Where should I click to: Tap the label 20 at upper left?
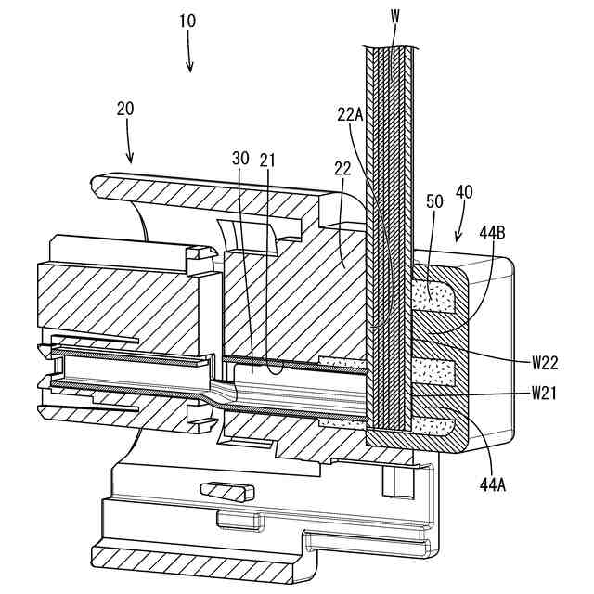pyautogui.click(x=125, y=108)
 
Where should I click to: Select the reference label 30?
pyautogui.click(x=240, y=159)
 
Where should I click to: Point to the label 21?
pyautogui.click(x=267, y=159)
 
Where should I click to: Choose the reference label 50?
pyautogui.click(x=433, y=201)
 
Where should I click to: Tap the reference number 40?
pyautogui.click(x=464, y=192)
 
